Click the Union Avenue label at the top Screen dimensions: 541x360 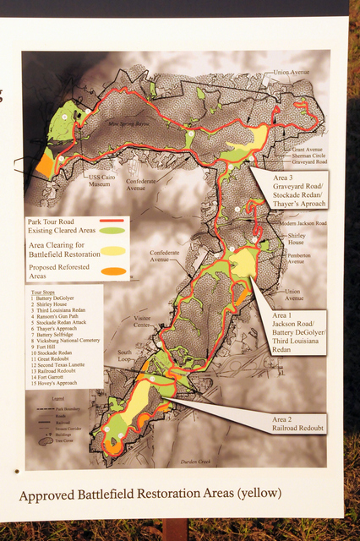click(x=292, y=73)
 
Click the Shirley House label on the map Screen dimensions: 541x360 click(x=296, y=238)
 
